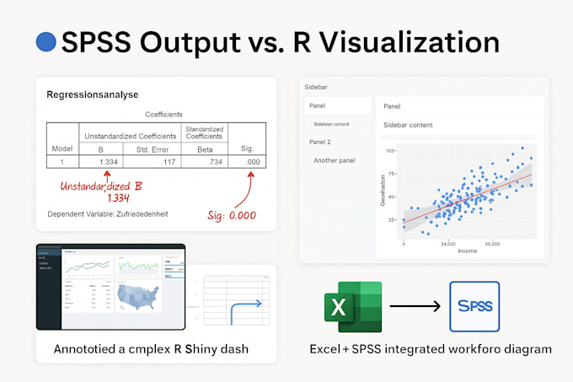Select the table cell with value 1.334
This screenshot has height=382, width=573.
tap(108, 161)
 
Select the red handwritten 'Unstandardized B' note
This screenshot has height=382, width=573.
tap(100, 185)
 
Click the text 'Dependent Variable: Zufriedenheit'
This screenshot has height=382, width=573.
tap(108, 214)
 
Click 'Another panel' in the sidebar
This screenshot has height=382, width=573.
tap(335, 160)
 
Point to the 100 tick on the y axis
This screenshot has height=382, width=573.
tap(391, 151)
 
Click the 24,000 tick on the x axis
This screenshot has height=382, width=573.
tap(448, 244)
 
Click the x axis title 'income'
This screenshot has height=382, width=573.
tap(468, 250)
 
